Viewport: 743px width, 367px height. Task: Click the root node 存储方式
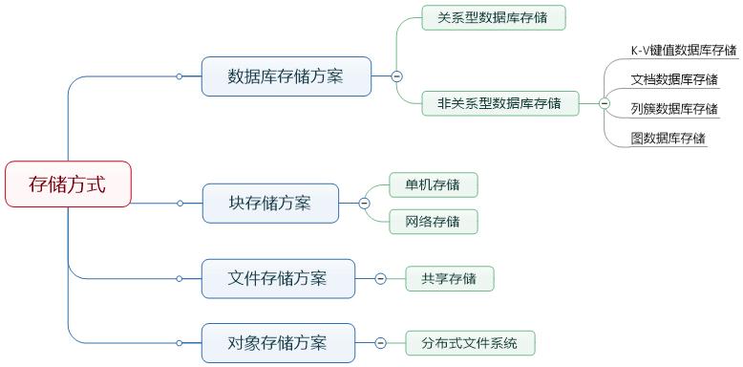click(x=68, y=183)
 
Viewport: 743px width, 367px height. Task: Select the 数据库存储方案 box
click(x=287, y=76)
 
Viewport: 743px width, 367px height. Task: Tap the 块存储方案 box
click(x=270, y=203)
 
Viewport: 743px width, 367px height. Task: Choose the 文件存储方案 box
click(x=278, y=278)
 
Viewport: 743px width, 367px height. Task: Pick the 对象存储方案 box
click(x=278, y=342)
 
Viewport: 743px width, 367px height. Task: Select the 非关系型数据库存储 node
click(x=500, y=102)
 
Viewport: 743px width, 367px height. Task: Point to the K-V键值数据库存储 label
click(x=684, y=51)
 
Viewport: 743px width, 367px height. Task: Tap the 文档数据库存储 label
click(x=674, y=79)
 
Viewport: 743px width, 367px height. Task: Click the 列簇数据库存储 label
click(x=674, y=109)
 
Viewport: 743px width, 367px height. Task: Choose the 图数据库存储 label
click(x=669, y=139)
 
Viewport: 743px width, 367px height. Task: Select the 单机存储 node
click(x=433, y=184)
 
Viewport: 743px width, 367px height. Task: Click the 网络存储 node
click(x=433, y=222)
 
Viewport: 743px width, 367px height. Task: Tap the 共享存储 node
click(x=449, y=279)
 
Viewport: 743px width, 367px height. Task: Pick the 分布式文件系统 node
click(x=470, y=342)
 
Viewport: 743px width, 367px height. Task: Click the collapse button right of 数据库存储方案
click(x=396, y=76)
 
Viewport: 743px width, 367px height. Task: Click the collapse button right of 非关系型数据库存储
click(x=604, y=103)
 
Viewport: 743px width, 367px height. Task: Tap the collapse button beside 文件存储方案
click(x=380, y=279)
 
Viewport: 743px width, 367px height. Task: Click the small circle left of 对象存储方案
click(x=180, y=342)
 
